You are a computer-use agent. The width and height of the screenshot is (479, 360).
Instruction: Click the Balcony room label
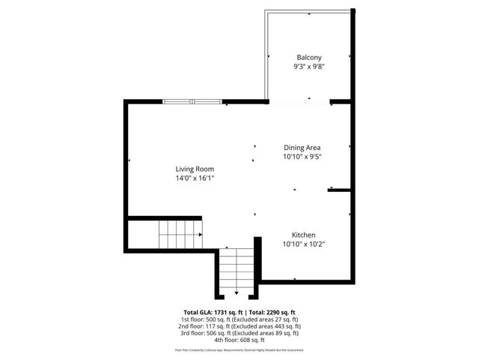309,58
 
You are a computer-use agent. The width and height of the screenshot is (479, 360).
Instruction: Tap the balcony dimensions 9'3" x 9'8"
309,67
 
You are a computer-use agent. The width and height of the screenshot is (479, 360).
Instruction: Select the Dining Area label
302,148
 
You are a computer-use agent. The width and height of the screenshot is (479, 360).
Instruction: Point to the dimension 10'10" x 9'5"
302,157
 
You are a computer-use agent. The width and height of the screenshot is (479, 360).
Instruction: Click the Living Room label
195,169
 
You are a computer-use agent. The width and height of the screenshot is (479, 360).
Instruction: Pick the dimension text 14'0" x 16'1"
195,179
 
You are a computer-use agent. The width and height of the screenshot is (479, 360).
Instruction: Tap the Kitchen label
303,234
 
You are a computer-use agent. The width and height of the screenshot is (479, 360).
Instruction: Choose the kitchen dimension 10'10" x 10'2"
303,244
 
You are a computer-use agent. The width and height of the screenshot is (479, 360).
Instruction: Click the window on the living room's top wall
192,101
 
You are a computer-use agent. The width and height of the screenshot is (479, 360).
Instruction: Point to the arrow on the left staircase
201,235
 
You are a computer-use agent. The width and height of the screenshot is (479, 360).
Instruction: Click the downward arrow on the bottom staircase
237,292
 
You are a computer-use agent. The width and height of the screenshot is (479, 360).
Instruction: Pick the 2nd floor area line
239,326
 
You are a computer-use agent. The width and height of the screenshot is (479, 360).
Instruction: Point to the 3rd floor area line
239,334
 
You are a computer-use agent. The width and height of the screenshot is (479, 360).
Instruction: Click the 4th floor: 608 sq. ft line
239,341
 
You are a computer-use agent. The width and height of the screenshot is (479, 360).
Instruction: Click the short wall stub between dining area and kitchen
340,190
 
